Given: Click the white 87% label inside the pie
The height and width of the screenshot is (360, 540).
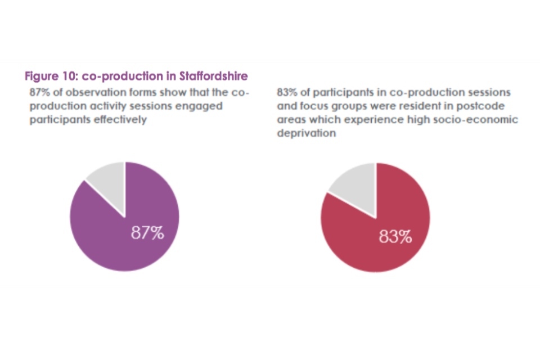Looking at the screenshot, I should pyautogui.click(x=147, y=233).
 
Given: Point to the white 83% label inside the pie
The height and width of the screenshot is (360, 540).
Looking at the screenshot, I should pyautogui.click(x=395, y=237).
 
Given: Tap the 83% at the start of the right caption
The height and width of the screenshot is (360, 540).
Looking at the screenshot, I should pyautogui.click(x=288, y=92).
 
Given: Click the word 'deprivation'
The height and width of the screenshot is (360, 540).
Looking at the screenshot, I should pyautogui.click(x=307, y=133).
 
